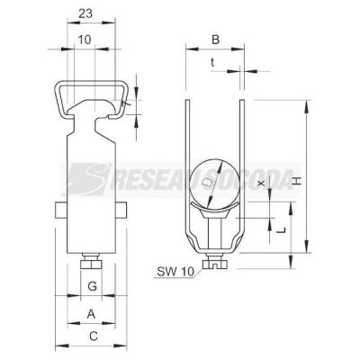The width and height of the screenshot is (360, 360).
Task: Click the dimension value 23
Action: click(85, 13)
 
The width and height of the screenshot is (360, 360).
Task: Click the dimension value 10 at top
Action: click(85, 40)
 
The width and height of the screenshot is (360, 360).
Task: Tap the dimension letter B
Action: click(216, 40)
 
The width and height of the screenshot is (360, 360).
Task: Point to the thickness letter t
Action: click(212, 62)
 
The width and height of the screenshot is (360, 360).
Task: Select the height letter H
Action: click(296, 181)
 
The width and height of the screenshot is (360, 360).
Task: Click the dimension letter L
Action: click(281, 230)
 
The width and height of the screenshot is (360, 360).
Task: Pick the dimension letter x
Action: click(262, 183)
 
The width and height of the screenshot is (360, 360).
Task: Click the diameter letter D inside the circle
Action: click(206, 182)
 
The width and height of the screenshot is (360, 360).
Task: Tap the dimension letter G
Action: click(92, 286)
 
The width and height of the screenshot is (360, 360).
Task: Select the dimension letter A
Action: click(91, 314)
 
